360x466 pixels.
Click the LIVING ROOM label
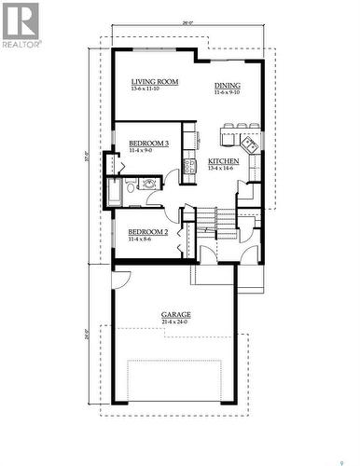tap(155, 82)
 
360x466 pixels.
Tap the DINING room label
tap(228, 84)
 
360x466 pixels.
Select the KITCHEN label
tap(223, 161)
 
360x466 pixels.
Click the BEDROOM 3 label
tap(148, 143)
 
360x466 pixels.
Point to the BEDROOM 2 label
tap(147, 231)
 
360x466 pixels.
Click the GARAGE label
tap(175, 315)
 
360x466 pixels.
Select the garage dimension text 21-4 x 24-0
tap(175, 323)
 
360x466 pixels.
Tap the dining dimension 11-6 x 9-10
tap(228, 92)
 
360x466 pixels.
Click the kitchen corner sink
tap(249, 144)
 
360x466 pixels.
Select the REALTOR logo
tap(21, 25)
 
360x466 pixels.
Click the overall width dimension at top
tap(187, 21)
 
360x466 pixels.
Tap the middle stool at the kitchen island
tap(239, 126)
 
